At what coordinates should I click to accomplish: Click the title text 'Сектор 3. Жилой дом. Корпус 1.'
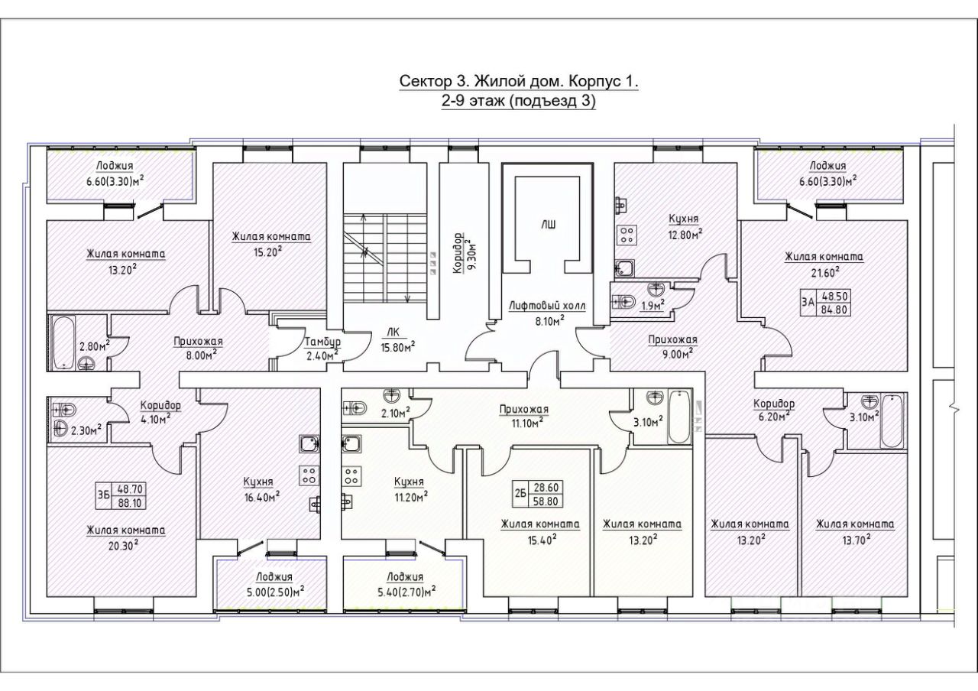[519, 82]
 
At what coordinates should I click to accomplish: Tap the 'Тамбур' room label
[323, 342]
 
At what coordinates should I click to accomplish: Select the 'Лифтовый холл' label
[548, 306]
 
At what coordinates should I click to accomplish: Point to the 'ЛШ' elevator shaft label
[549, 225]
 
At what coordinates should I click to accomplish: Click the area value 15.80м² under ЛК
[397, 348]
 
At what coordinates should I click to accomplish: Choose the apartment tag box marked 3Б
[121, 495]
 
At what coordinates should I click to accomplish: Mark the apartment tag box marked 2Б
[538, 494]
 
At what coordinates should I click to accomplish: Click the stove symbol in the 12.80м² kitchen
[627, 234]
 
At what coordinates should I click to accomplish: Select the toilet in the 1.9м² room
[624, 301]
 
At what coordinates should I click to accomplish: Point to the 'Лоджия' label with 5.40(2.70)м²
[405, 576]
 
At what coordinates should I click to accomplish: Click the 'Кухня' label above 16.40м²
[258, 482]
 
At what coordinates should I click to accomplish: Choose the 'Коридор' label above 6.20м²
[774, 404]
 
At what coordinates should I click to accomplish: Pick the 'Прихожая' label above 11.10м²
[524, 409]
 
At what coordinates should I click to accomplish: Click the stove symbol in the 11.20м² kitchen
[352, 476]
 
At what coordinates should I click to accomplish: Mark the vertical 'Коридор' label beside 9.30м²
[457, 253]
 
